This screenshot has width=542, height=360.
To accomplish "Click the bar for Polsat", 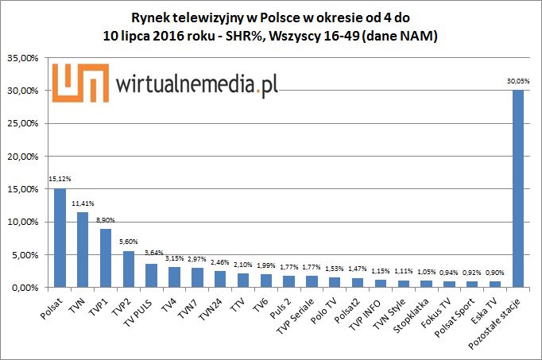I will point(60,238).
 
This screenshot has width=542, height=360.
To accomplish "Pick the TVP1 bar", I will point(106,258).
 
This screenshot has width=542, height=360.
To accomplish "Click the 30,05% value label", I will point(517,81).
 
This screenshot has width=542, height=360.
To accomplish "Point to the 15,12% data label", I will point(60,179).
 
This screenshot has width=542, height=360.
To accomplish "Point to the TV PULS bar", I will point(152,275).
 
